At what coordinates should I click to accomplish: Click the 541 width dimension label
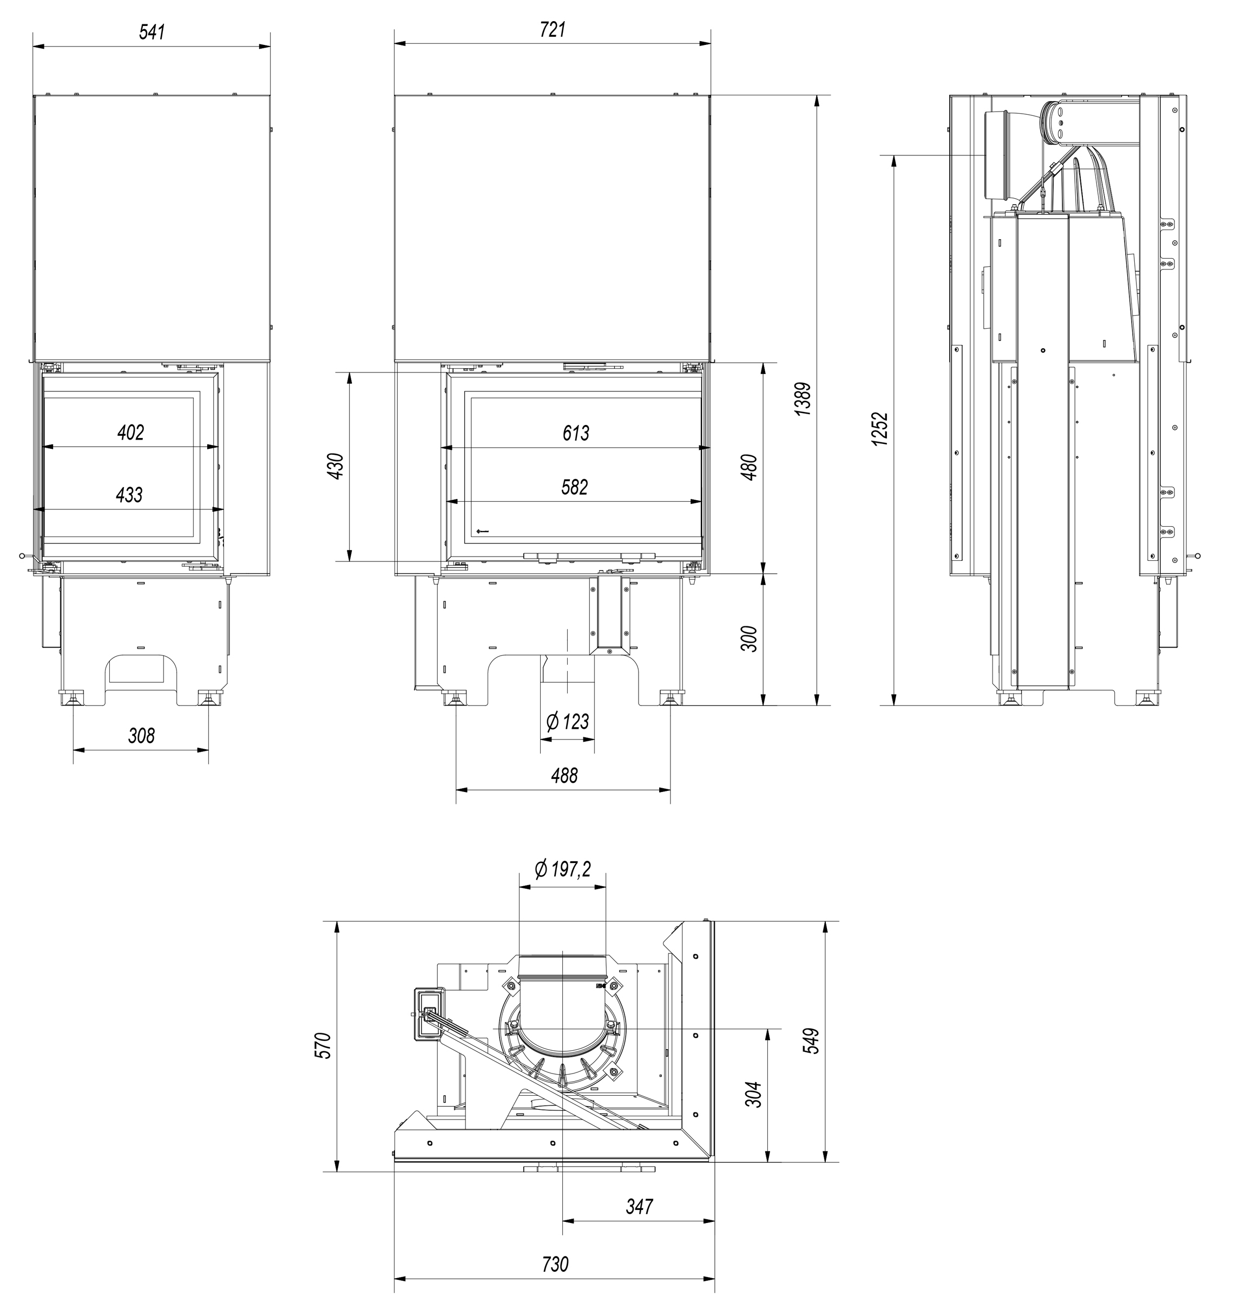point(152,32)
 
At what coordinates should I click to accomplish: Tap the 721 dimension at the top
point(553,30)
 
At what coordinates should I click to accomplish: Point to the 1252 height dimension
point(880,429)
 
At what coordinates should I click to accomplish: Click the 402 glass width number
point(130,433)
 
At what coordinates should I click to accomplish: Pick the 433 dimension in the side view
point(129,495)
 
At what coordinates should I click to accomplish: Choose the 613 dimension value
point(575,433)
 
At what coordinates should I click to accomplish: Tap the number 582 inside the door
point(574,487)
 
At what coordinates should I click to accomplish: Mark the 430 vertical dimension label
point(336,466)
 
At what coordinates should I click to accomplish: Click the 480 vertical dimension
point(750,467)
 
